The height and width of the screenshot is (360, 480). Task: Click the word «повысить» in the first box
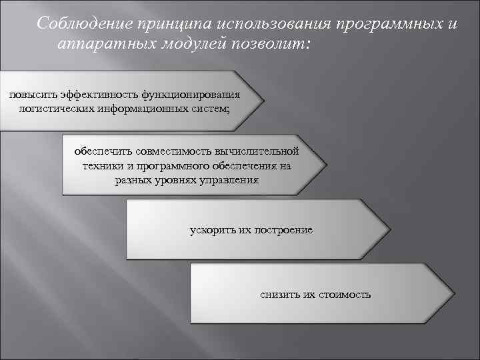coord(28,95)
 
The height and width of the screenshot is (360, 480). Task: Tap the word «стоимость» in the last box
coord(344,295)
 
